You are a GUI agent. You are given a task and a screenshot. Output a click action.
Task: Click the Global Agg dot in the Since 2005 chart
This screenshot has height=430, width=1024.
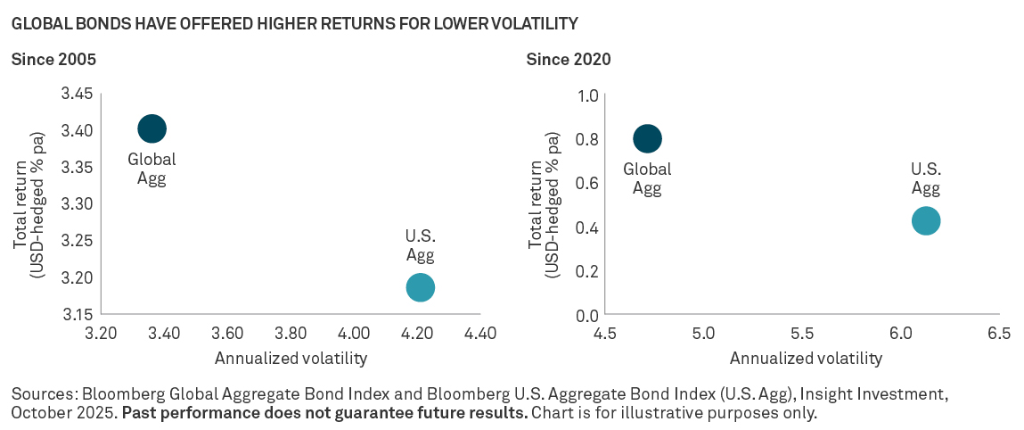(x=152, y=128)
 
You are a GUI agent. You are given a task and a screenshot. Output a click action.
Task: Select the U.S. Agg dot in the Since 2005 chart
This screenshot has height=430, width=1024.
(x=420, y=287)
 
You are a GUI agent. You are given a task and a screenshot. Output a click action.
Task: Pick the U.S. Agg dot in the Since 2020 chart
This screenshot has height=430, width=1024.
(x=926, y=220)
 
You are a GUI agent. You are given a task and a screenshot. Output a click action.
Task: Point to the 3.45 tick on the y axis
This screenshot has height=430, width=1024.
(x=76, y=94)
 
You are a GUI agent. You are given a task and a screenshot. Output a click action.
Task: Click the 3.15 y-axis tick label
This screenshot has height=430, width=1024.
(x=76, y=314)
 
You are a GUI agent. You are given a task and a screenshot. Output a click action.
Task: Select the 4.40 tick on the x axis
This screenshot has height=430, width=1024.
(x=480, y=335)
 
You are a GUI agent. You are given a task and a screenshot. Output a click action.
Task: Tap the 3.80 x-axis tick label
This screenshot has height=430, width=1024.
(x=291, y=335)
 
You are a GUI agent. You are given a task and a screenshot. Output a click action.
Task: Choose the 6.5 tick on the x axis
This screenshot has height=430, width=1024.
(x=999, y=335)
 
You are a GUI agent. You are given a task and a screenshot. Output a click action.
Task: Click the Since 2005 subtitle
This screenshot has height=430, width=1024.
(x=53, y=60)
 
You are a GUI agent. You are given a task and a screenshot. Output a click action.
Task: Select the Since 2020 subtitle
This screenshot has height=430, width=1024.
(x=569, y=60)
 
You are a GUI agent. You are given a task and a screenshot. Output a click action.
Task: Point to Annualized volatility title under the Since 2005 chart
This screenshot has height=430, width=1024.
(x=291, y=359)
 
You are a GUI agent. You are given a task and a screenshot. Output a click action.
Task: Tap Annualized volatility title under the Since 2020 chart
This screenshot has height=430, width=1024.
(x=806, y=359)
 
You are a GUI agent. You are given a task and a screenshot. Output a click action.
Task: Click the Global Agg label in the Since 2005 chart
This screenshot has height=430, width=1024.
(x=152, y=169)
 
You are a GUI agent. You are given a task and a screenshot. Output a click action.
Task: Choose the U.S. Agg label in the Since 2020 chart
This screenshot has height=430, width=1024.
(x=926, y=178)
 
